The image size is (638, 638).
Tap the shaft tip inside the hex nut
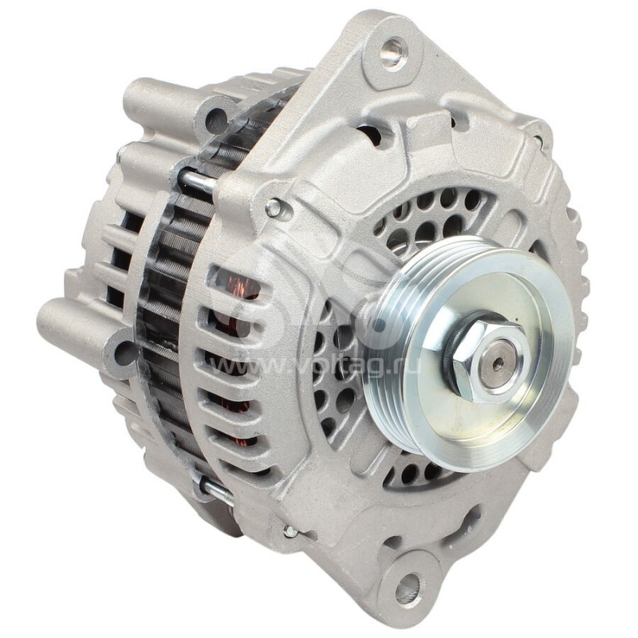tap(495, 360)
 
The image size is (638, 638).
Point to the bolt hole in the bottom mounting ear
tap(408, 588)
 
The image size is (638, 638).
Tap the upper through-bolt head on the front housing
tap(274, 209)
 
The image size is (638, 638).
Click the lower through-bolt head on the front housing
tap(290, 530)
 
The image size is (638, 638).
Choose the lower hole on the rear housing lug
tap(124, 352)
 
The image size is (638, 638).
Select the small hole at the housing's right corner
tap(540, 141)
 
